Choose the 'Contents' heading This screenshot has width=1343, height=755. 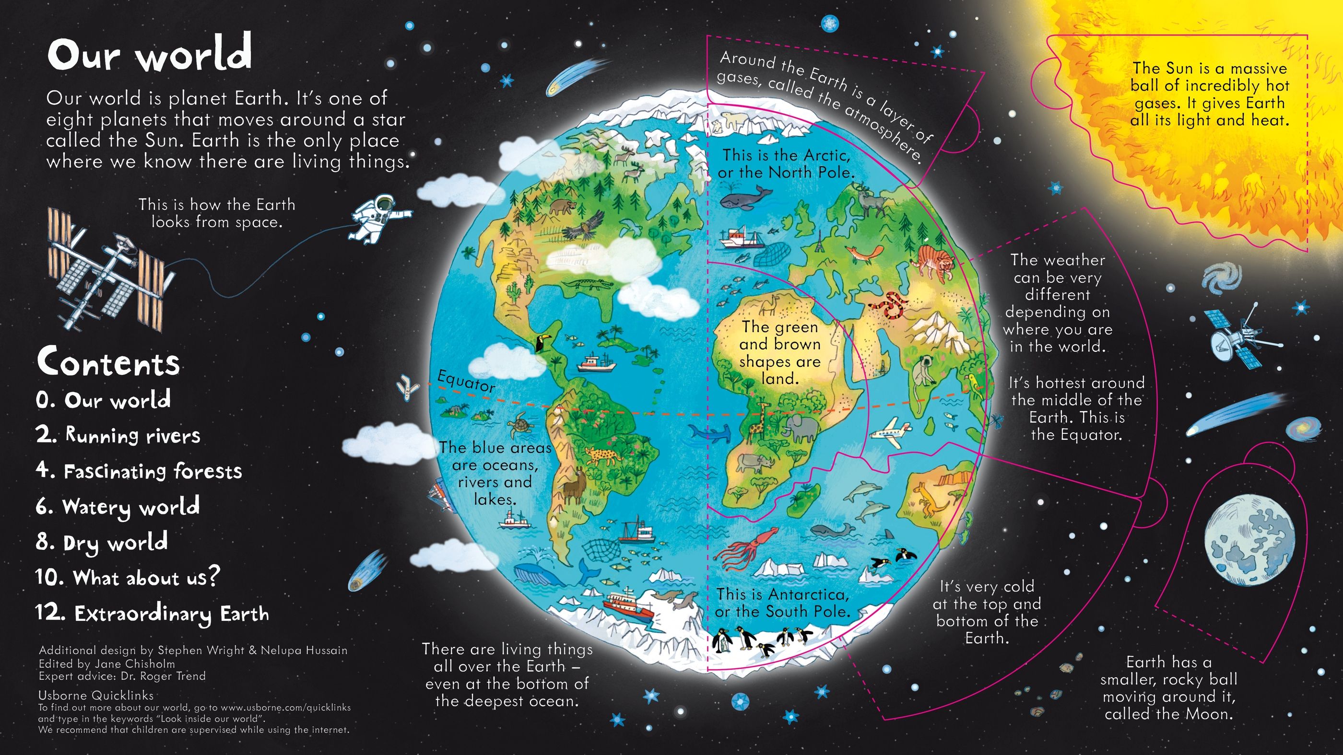click(108, 362)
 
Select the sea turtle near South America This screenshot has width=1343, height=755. click(521, 423)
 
